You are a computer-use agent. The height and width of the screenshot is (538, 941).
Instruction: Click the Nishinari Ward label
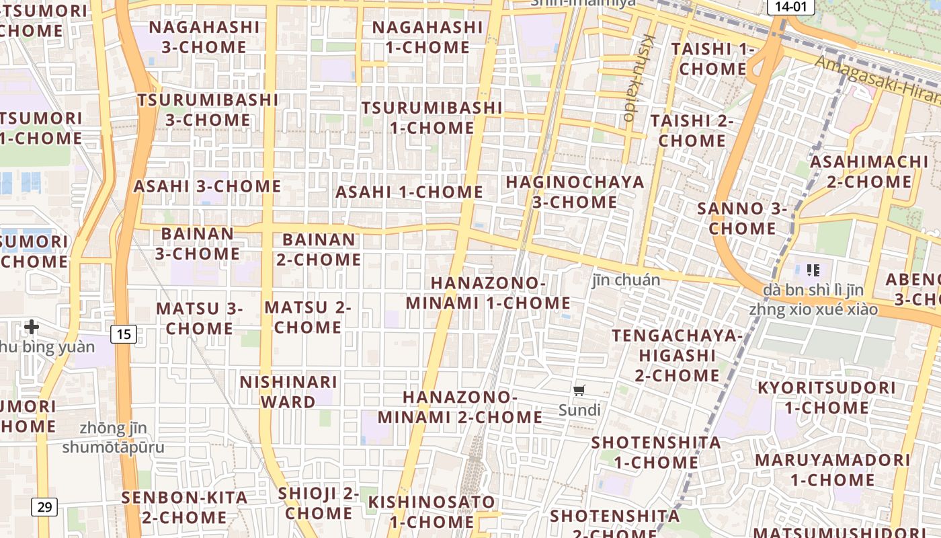tap(288, 392)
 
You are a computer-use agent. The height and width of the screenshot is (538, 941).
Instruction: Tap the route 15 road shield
tap(124, 334)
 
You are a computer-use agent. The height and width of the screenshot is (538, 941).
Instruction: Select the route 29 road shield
tap(44, 507)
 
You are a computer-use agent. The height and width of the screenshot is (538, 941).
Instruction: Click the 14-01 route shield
tap(790, 7)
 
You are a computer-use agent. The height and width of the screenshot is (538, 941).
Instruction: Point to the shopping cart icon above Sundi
tap(579, 390)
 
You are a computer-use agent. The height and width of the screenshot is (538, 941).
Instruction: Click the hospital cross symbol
tap(31, 328)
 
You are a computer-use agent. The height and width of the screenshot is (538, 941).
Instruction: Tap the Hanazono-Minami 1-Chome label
tap(488, 293)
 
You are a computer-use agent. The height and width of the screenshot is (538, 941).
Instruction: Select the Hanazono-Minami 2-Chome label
tap(460, 407)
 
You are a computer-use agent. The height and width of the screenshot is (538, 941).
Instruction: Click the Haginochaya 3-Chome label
tap(575, 192)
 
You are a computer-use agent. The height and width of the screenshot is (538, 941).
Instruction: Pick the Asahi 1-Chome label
tap(409, 192)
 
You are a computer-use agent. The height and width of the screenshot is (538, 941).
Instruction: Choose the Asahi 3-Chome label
tap(207, 186)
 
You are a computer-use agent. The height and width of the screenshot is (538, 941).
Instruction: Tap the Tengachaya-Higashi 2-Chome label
tap(677, 355)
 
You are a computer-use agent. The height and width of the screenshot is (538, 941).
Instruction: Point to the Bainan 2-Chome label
tap(319, 249)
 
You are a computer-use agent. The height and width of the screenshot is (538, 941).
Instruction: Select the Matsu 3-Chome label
tap(200, 318)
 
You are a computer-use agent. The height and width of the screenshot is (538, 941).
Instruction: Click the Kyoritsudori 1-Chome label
tap(826, 397)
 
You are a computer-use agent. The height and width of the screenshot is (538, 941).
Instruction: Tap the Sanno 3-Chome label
tap(742, 219)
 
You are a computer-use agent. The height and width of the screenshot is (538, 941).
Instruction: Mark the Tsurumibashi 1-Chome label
tap(432, 118)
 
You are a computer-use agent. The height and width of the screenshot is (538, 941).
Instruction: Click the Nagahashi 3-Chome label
tap(204, 37)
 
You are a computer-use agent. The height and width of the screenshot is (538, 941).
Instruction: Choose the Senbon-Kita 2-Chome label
tap(184, 508)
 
